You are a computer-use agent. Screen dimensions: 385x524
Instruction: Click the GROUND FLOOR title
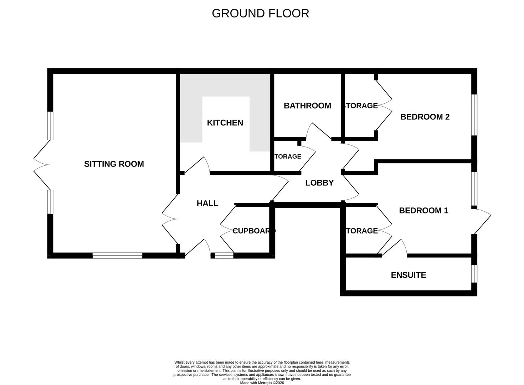tap(260, 14)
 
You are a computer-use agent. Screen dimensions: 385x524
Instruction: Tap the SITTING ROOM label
tap(114, 164)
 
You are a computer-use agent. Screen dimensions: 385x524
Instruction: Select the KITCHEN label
tap(225, 123)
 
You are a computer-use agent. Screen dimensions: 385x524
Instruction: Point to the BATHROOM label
tap(307, 106)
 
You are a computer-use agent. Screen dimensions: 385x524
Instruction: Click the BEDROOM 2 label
tap(425, 117)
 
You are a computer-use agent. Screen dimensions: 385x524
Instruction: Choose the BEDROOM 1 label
tap(423, 210)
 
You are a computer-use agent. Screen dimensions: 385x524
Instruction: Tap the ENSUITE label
tap(408, 275)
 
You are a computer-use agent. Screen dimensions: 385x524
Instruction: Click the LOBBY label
tap(319, 183)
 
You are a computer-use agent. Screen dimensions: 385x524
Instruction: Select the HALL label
tap(207, 203)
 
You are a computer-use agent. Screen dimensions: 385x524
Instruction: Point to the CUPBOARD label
tap(254, 231)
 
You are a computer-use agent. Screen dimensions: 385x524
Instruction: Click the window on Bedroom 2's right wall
tap(474, 115)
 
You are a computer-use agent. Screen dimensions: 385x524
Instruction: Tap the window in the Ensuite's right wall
tap(474, 273)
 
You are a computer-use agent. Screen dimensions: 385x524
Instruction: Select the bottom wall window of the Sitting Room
tap(117, 255)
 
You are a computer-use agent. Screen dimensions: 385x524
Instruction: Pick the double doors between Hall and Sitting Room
tap(170, 219)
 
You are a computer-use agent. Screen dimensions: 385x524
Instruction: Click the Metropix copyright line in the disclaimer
tap(262, 383)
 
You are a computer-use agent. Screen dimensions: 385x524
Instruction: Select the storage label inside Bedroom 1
tap(361, 231)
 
